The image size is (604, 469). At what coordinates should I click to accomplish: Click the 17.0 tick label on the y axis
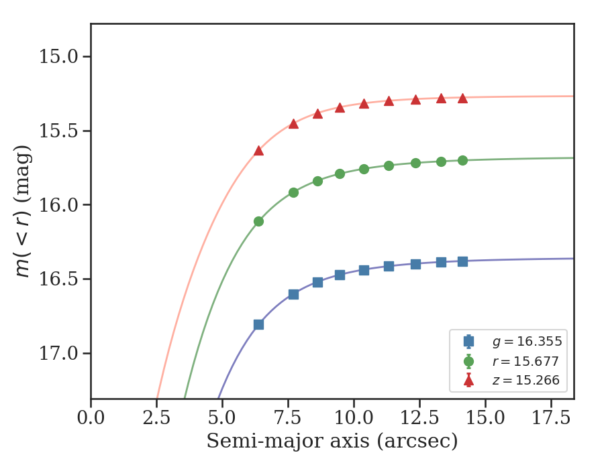pos(59,354)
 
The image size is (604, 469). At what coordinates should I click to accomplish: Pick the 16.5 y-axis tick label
pos(59,279)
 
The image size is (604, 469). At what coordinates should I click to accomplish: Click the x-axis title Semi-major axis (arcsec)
pos(332,442)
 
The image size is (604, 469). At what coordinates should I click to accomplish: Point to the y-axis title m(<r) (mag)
pos(23,211)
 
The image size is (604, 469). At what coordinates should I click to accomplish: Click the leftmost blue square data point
pos(258,324)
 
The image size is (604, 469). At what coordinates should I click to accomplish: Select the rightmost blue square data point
pos(462,261)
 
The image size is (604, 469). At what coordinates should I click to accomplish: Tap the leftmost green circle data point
pos(258,221)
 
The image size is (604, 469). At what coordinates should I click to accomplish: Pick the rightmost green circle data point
pos(462,160)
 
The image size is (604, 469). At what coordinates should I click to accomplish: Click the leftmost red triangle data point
pos(258,151)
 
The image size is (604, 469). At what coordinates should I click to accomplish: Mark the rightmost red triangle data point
pos(462,98)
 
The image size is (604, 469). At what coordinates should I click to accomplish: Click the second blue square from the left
pos(293,294)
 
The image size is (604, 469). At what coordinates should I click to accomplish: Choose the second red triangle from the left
pos(293,124)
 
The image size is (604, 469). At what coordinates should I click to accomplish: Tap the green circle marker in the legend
pos(468,362)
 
